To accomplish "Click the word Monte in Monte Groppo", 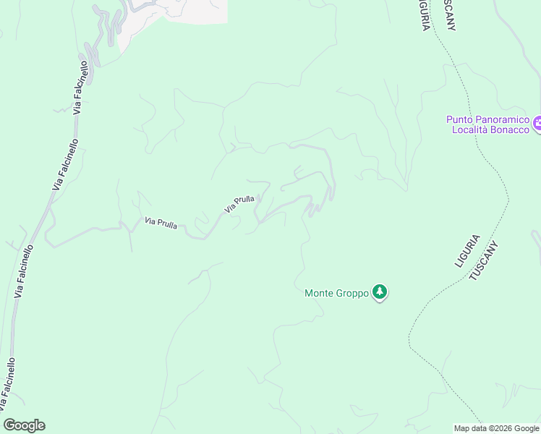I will point(320,293).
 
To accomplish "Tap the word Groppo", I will point(353,293).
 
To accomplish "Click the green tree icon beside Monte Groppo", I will point(380,292).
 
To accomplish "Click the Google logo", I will point(24,425).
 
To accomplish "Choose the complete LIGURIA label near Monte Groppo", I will point(467,250).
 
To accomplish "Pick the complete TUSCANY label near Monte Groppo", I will point(485,260).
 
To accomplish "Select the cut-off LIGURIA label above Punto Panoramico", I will point(425,14).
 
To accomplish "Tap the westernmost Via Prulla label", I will point(161,223).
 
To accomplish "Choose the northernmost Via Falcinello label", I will point(80,87).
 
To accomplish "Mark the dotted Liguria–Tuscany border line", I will point(499,174).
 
